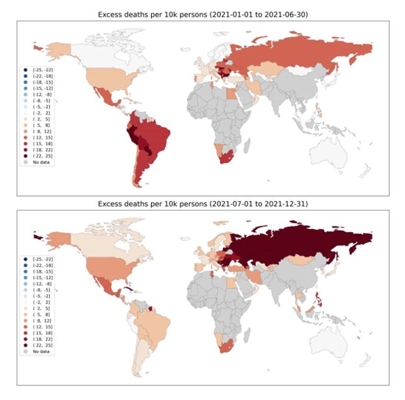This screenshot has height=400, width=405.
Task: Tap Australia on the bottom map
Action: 331,343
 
